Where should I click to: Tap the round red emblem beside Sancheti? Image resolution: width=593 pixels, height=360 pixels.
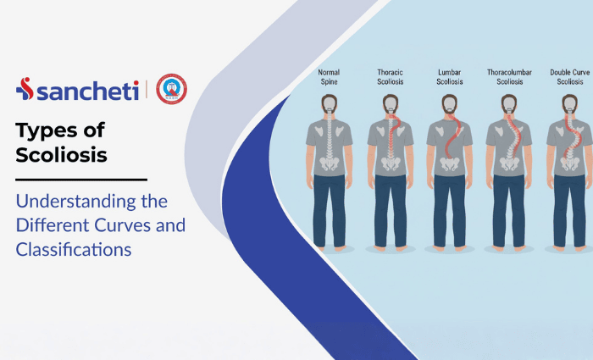[x=171, y=89]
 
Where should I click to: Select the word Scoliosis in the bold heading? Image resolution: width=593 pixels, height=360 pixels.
[x=59, y=155]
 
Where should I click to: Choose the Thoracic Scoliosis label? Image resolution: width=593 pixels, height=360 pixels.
[x=389, y=78]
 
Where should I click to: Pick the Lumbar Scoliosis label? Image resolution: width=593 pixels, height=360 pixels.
[x=449, y=78]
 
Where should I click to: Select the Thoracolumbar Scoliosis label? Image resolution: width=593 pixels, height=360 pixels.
[x=509, y=78]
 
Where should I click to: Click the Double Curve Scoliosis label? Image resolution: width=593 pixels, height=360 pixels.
[x=569, y=78]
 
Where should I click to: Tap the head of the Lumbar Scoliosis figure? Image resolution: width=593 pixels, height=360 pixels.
[x=449, y=105]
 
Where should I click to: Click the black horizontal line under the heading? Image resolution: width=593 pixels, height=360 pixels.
[x=81, y=180]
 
